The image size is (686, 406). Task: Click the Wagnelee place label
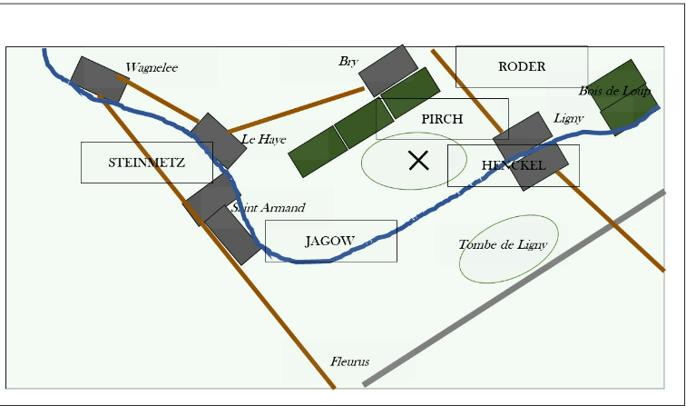point(152,67)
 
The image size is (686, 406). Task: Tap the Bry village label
point(348,62)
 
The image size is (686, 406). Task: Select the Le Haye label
point(264,139)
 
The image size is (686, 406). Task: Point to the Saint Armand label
point(268,208)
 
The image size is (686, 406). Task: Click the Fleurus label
point(349,361)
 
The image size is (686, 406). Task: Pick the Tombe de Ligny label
point(503,244)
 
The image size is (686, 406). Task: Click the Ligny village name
point(568,119)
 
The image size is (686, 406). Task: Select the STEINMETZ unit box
point(146,163)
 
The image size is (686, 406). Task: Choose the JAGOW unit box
point(330,241)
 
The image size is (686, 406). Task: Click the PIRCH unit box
point(442,119)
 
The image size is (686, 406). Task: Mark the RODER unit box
point(522,66)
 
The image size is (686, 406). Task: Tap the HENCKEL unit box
point(514,165)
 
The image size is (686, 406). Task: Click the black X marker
point(418,161)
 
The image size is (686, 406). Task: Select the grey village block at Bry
point(388,70)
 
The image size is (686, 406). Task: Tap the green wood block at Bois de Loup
point(626,97)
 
